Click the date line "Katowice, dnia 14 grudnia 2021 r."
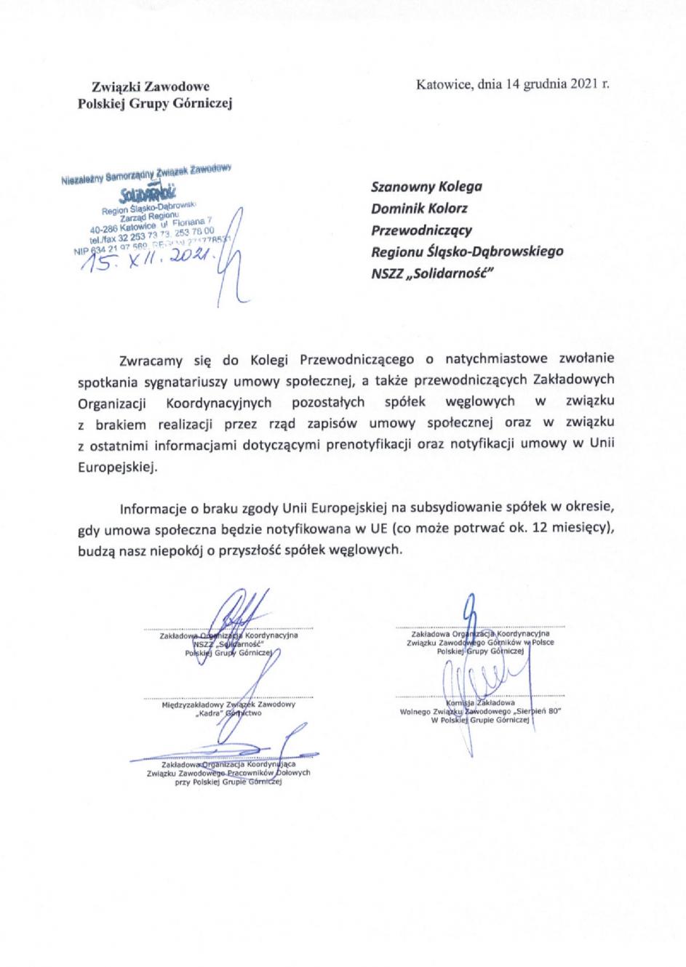(x=512, y=84)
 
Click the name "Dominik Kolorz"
(x=420, y=208)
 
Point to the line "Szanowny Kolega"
(x=426, y=186)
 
